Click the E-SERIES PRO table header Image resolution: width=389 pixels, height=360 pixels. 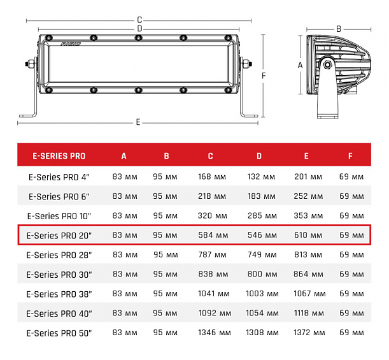pyautogui.click(x=59, y=156)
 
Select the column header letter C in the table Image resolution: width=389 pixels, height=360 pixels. pyautogui.click(x=210, y=156)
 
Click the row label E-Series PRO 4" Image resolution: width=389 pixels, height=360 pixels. pyautogui.click(x=59, y=176)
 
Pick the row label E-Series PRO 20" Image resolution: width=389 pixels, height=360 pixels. pyautogui.click(x=59, y=235)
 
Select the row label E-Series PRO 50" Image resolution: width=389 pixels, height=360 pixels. pyautogui.click(x=59, y=333)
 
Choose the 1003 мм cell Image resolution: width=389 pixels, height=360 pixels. pyautogui.click(x=259, y=294)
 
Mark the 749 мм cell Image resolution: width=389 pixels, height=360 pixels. pyautogui.click(x=259, y=255)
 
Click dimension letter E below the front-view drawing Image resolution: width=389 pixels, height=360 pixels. pyautogui.click(x=138, y=122)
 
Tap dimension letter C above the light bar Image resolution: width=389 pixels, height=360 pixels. pyautogui.click(x=139, y=20)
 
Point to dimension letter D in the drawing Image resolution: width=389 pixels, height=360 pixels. pyautogui.click(x=139, y=29)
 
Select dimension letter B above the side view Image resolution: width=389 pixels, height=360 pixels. pyautogui.click(x=339, y=29)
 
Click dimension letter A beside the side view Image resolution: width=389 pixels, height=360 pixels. pyautogui.click(x=300, y=64)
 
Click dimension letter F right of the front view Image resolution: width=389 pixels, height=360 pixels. pyautogui.click(x=263, y=75)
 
